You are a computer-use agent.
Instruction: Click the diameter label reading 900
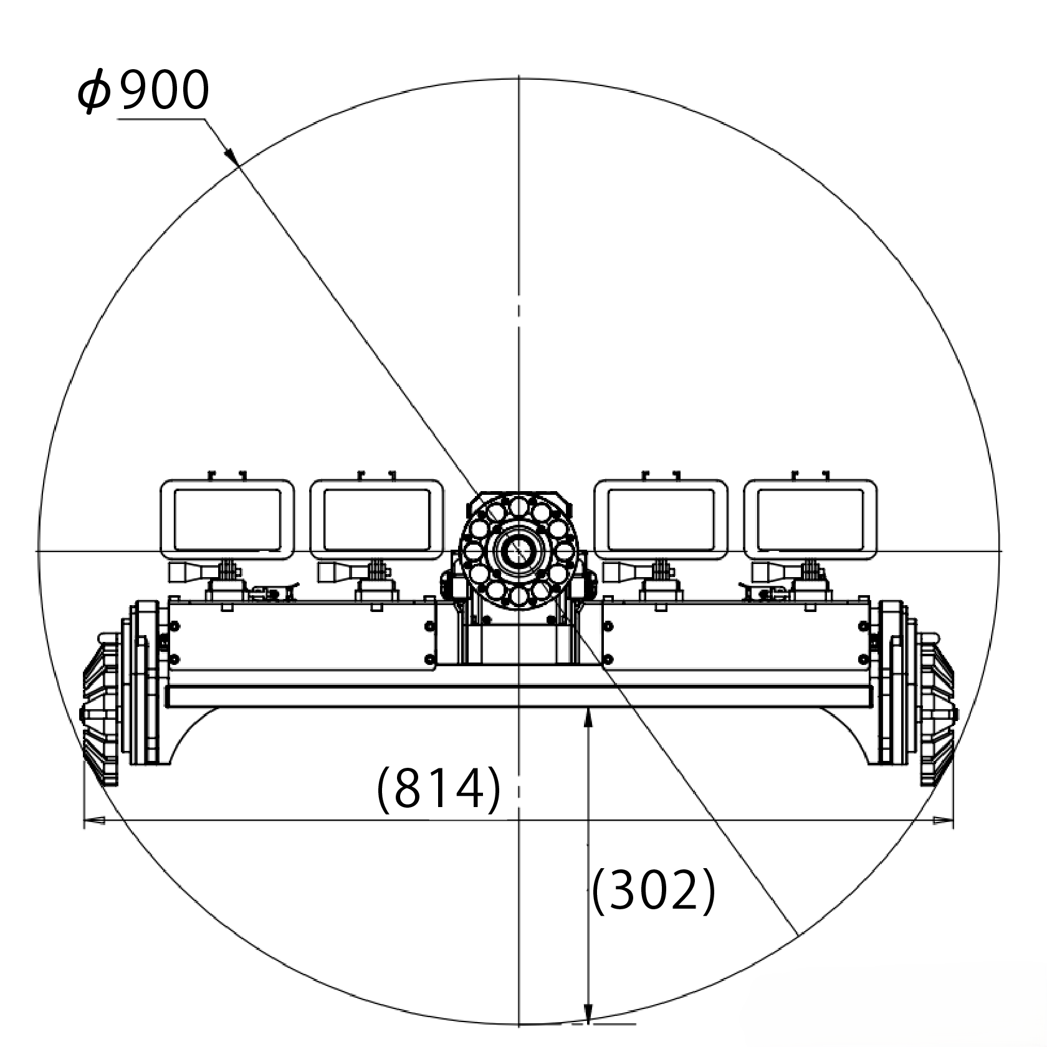pyautogui.click(x=163, y=90)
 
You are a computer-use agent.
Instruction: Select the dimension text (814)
pyautogui.click(x=439, y=790)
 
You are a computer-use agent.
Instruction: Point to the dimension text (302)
pyautogui.click(x=653, y=891)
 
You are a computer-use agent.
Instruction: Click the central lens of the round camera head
pyautogui.click(x=519, y=550)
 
